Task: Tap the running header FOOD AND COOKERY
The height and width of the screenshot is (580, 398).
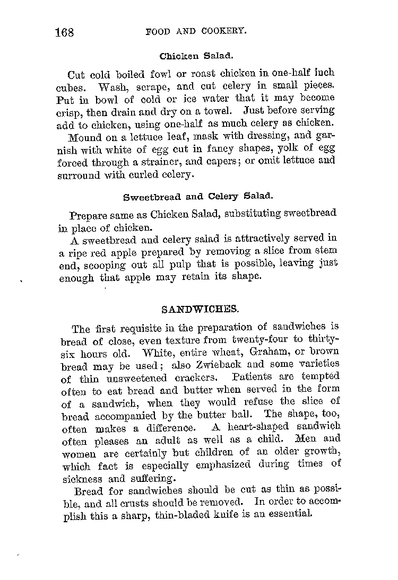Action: pyautogui.click(x=196, y=31)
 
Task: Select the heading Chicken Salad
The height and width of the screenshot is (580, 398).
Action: pyautogui.click(x=196, y=55)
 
